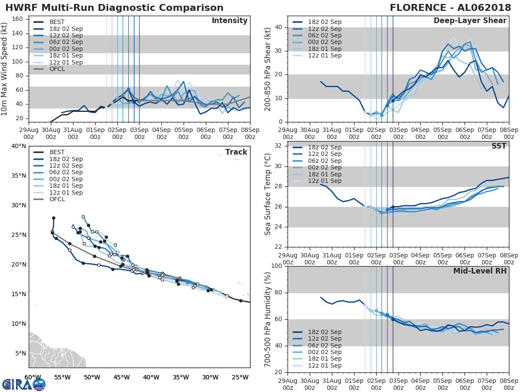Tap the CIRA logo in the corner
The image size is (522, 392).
24,384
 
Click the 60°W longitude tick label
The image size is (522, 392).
33,377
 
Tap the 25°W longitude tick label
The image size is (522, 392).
241,377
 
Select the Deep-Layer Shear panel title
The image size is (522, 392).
470,21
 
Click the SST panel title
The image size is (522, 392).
499,146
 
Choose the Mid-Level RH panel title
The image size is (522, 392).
480,271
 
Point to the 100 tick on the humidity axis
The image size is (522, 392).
275,266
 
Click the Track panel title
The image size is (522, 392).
236,152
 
